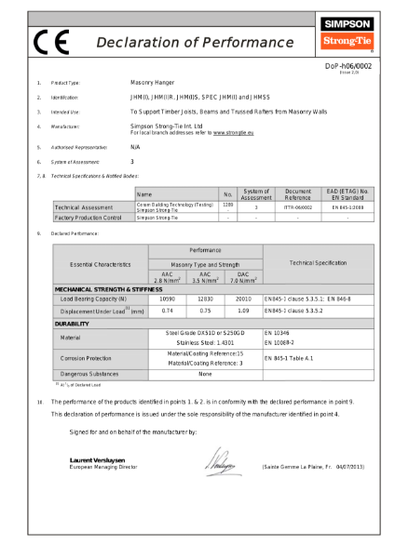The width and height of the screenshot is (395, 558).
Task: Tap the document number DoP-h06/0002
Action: [x=347, y=66]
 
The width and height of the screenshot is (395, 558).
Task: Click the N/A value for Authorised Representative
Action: [x=135, y=147]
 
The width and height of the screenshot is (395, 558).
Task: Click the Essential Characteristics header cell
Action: [x=101, y=264]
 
